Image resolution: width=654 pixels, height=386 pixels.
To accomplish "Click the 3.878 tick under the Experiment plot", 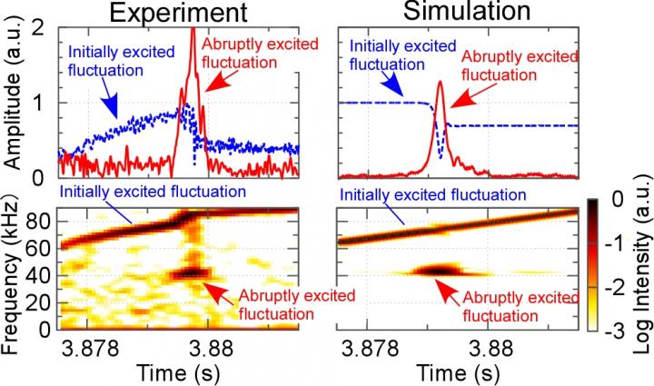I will (x=93, y=345).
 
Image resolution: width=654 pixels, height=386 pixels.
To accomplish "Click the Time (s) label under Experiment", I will (x=179, y=371).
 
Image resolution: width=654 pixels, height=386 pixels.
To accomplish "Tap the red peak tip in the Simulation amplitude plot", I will (x=440, y=83).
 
